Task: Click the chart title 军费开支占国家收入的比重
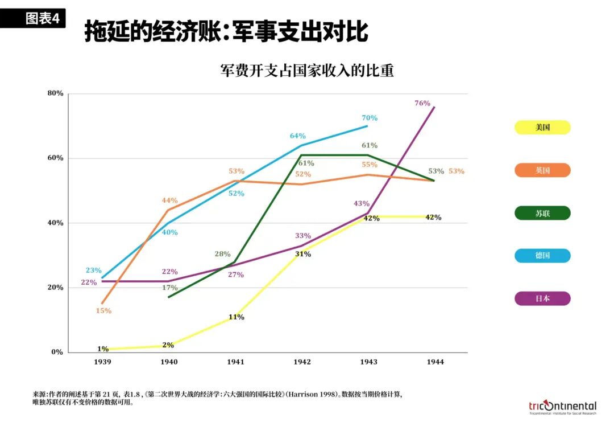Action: point(307,71)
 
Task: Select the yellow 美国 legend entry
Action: point(542,128)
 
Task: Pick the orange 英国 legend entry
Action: point(542,170)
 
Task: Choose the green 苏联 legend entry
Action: point(542,213)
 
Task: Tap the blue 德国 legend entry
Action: point(542,256)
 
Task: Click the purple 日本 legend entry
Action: point(542,298)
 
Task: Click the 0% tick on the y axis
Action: point(57,352)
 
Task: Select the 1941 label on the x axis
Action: point(235,362)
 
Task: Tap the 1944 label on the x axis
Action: point(435,362)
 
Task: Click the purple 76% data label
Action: point(422,103)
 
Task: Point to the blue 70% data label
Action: point(369,118)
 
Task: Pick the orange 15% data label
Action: point(103,311)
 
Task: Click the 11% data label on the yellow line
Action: point(236,317)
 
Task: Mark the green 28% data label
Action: point(223,254)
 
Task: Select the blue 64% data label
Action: point(297,136)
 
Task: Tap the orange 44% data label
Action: point(169,200)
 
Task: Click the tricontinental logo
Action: point(562,406)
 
